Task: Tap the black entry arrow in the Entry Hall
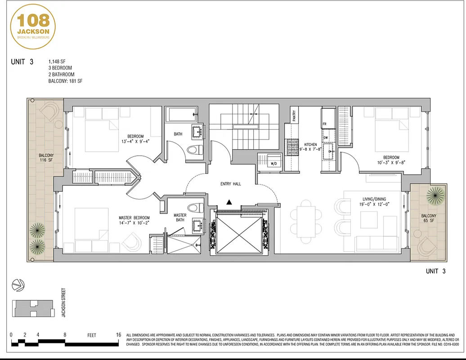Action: (x=229, y=202)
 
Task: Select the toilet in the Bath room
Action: (x=192, y=150)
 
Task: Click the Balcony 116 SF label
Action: (x=46, y=158)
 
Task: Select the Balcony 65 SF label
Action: (x=429, y=219)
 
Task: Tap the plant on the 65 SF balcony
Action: (x=435, y=194)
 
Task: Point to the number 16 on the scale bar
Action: (x=118, y=335)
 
